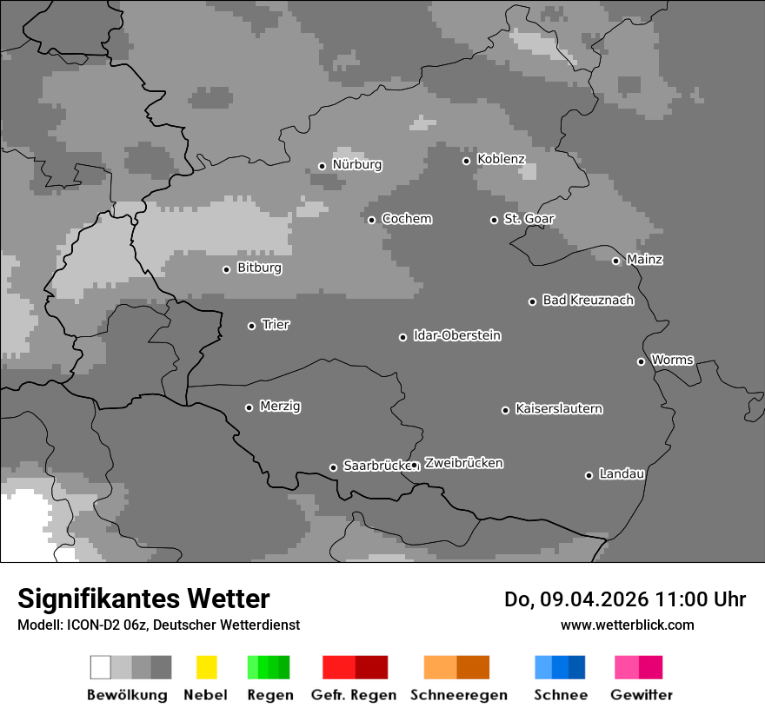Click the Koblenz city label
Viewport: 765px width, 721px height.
pos(501,159)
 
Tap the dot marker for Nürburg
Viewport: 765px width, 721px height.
pos(322,166)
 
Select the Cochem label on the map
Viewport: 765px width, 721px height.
pos(406,219)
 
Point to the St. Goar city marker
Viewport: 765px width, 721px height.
pos(494,220)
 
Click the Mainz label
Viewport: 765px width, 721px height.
pos(644,260)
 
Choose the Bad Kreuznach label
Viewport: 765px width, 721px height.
pos(588,301)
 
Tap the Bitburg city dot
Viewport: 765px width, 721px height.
pos(226,269)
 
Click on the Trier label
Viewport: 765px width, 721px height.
pos(276,325)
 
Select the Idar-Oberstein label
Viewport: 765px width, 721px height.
pos(456,336)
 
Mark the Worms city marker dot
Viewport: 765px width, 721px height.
pos(641,361)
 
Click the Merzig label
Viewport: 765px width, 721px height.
pos(280,407)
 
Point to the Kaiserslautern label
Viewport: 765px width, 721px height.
pos(558,409)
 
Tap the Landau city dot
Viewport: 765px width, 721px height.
pos(589,475)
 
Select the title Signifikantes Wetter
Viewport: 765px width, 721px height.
pos(143,599)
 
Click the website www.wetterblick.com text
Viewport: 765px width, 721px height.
pos(627,625)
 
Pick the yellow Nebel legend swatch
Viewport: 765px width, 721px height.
pos(206,667)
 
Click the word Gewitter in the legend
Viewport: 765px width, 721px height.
pos(641,695)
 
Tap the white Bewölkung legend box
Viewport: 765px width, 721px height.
pos(101,667)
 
